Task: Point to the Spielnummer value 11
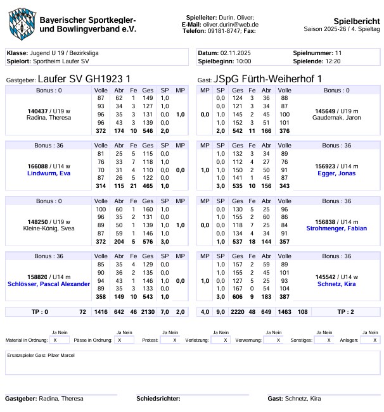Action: point(339,53)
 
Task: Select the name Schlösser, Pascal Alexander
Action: point(48,284)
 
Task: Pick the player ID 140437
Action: point(39,111)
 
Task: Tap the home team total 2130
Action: point(148,312)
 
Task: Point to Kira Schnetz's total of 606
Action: point(238,296)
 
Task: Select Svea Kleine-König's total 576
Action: point(148,241)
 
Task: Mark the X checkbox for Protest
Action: point(174,340)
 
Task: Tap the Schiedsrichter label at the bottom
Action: point(158,399)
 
